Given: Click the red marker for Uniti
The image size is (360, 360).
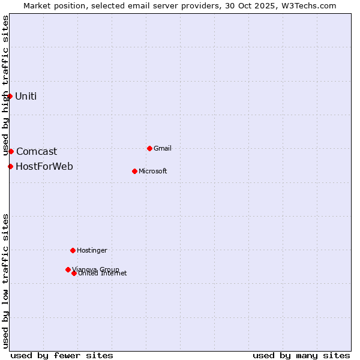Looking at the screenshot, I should tap(10, 96).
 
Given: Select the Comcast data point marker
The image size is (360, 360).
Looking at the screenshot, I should tap(11, 151).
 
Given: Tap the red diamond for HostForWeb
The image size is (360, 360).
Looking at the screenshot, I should tap(10, 166).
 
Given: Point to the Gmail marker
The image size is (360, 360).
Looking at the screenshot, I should tap(149, 148).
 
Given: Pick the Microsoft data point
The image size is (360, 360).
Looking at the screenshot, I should tap(134, 171).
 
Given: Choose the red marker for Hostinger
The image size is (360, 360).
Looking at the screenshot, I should tap(73, 250).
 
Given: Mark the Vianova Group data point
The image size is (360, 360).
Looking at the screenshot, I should tap(68, 269).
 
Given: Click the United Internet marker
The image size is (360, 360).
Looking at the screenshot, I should tap(74, 273).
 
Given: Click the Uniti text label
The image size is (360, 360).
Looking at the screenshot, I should tap(26, 97).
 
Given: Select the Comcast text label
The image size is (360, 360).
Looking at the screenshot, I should tap(37, 152).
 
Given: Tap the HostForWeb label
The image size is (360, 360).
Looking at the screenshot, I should tap(44, 167).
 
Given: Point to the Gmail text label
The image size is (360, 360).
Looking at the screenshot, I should tap(163, 149).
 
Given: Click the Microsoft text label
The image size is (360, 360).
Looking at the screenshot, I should tap(153, 172).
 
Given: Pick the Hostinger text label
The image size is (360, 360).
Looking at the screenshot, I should tap(92, 251).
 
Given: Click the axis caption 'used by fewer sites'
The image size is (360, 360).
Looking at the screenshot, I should tap(62, 355).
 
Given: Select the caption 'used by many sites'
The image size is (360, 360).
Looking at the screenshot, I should tap(301, 355).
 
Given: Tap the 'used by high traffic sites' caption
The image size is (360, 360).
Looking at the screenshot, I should tap(5, 86).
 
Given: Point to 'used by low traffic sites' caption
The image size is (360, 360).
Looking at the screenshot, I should tap(5, 281).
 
